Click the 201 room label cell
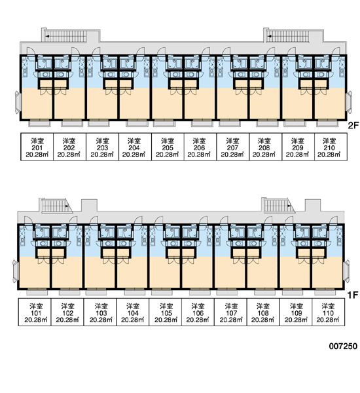point(37,147)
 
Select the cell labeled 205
point(168,147)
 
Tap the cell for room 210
point(331,147)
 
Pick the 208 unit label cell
point(266,147)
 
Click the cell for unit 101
point(35,312)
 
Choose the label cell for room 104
point(132,312)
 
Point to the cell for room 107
point(231,312)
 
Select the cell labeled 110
point(329,312)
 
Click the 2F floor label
point(353,125)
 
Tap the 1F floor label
point(353,295)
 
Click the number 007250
point(343,346)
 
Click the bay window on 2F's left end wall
point(18,102)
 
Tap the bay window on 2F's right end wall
point(350,102)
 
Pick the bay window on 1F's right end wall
point(347,271)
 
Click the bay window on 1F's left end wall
point(15,271)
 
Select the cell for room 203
point(103,147)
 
